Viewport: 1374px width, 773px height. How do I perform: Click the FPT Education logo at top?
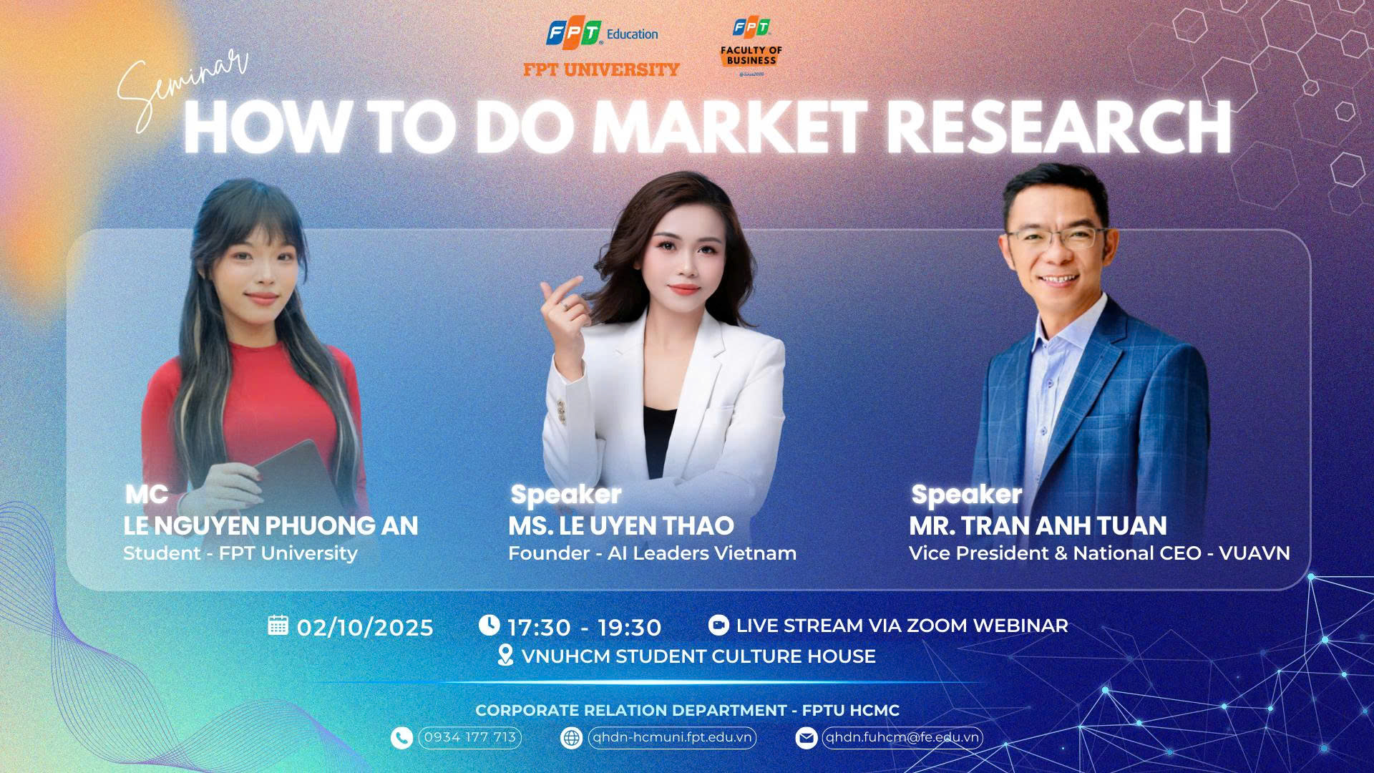click(x=602, y=34)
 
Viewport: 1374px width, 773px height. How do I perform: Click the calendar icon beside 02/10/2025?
click(x=278, y=625)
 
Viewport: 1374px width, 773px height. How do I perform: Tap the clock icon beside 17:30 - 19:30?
click(x=489, y=625)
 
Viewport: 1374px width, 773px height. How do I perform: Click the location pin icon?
click(x=505, y=655)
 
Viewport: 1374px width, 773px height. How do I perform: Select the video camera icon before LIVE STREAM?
click(x=718, y=625)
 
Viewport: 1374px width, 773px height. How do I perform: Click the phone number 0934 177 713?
click(x=470, y=737)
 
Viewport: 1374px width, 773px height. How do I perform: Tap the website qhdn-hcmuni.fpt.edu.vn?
click(x=672, y=737)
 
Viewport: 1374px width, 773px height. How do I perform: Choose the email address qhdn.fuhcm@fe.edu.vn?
click(x=902, y=737)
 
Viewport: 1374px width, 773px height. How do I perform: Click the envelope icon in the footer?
click(x=806, y=738)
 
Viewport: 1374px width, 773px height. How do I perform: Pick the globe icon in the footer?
click(x=571, y=738)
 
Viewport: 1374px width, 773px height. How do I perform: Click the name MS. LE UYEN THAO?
click(x=621, y=526)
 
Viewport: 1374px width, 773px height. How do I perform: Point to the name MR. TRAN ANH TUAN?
click(x=1038, y=526)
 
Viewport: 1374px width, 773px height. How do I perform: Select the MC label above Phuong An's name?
click(x=147, y=494)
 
